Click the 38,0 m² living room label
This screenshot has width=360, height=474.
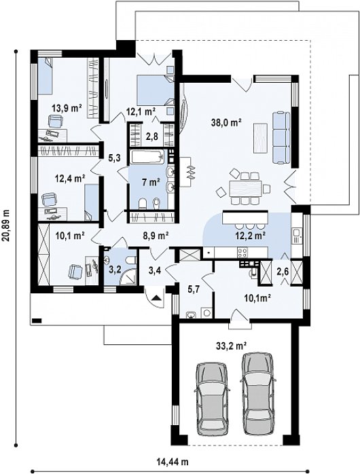coord(226,122)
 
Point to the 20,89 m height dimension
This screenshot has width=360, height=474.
coord(7,225)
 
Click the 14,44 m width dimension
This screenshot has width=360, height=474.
coord(173,462)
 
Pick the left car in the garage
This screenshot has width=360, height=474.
coord(211,399)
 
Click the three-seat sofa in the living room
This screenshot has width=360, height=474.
coord(281,138)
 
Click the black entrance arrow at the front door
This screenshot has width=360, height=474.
coord(156,297)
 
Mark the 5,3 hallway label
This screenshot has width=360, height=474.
coord(115,157)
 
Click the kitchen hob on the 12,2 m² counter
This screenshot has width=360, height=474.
coord(242,251)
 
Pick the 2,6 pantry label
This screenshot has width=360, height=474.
coord(283,271)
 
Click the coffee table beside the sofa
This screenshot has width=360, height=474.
coord(260,138)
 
